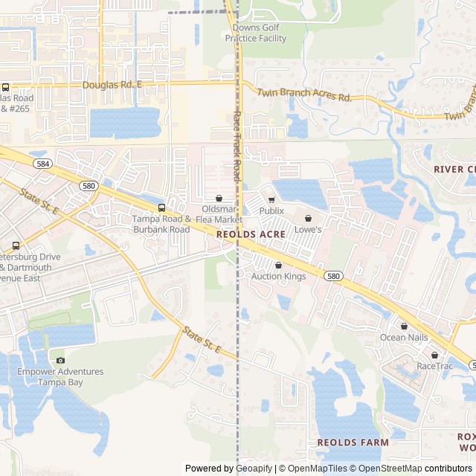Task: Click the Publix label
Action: (x=271, y=211)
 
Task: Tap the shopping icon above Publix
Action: (x=271, y=199)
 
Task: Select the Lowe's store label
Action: (x=308, y=230)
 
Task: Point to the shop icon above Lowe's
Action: (x=308, y=218)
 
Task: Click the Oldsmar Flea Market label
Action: (x=219, y=214)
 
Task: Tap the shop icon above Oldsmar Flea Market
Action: (x=219, y=199)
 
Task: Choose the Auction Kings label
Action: (x=278, y=277)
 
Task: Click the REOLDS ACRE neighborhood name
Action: (x=252, y=234)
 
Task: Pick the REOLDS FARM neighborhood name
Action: (x=353, y=443)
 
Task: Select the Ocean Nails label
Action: (x=404, y=338)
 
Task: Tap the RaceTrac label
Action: (x=434, y=366)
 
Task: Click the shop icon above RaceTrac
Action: (x=434, y=354)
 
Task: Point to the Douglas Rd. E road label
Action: (x=112, y=85)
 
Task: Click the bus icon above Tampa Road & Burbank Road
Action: (x=161, y=208)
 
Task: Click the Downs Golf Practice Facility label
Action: (x=256, y=33)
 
